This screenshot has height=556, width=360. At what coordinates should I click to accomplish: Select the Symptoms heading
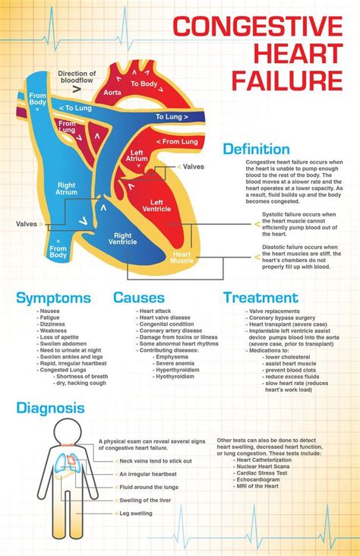coord(53,298)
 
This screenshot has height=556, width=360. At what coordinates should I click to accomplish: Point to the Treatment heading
coord(261,298)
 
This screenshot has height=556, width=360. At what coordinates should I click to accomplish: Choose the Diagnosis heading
coord(50,408)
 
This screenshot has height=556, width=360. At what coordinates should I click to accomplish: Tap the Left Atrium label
coord(137,156)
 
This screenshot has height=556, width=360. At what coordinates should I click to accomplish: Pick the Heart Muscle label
coord(184,257)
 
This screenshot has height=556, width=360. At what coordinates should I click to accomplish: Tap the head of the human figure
coord(59,432)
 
